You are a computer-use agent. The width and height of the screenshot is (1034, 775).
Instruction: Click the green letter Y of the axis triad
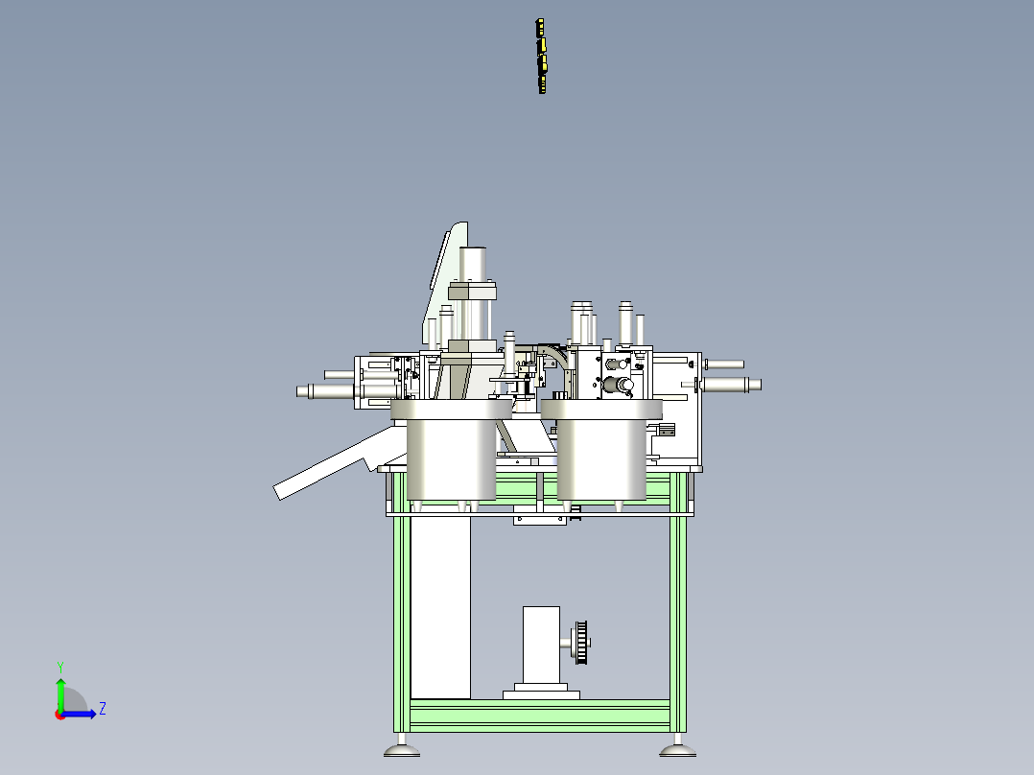[60, 667]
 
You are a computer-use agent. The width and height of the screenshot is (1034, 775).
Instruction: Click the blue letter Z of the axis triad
[103, 709]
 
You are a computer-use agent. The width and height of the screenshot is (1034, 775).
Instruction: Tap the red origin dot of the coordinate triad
[60, 715]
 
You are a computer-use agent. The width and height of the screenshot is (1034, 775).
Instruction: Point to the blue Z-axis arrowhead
[92, 714]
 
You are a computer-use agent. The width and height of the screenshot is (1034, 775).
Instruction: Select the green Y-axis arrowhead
[60, 683]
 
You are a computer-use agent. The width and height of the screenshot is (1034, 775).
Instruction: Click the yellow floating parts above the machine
[541, 56]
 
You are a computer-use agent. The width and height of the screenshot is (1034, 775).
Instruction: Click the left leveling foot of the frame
[402, 750]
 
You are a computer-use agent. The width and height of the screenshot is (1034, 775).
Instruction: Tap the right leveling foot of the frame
[678, 750]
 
